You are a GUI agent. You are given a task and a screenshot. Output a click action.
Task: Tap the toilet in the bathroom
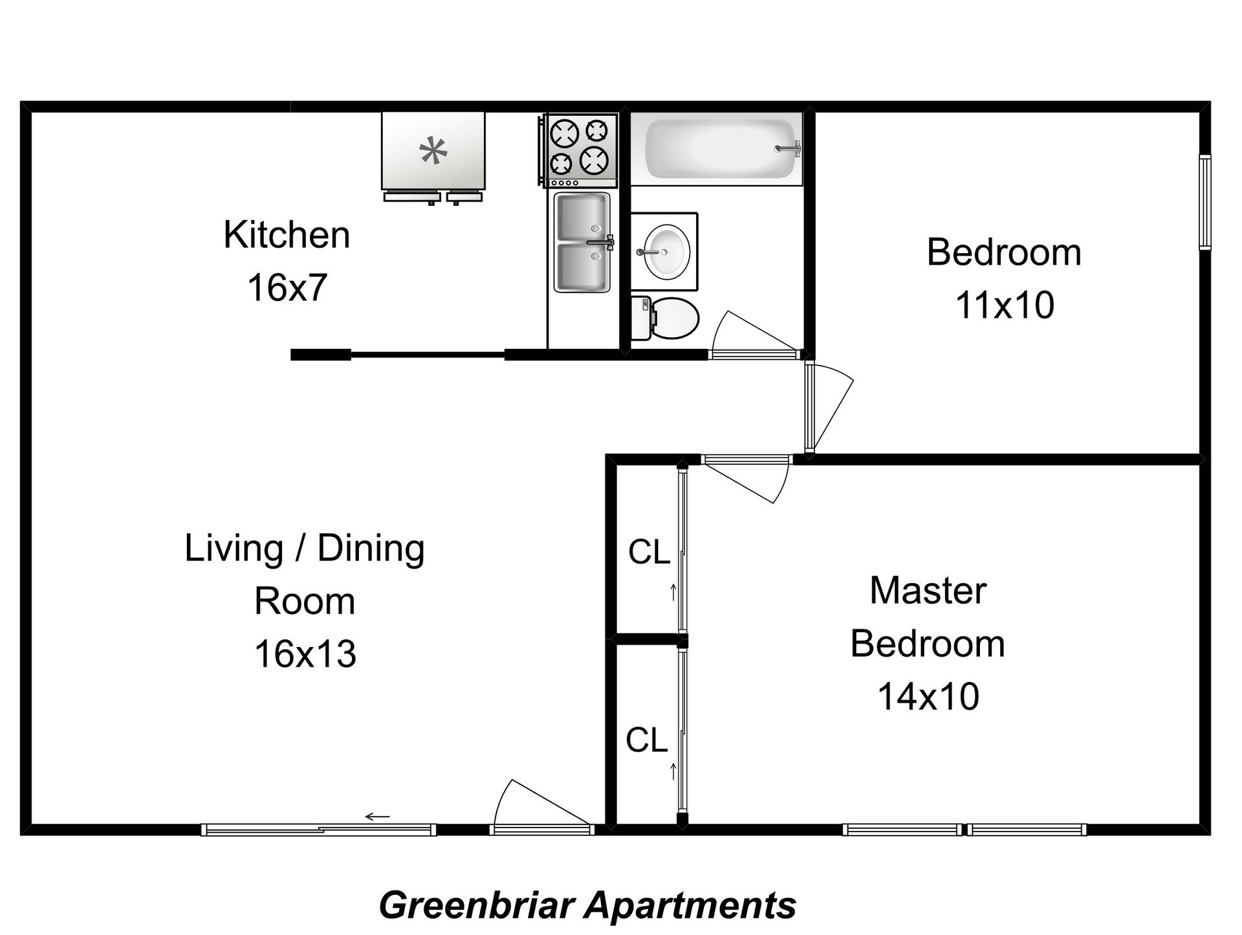(666, 319)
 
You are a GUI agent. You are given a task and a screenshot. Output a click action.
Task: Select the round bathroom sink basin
(664, 252)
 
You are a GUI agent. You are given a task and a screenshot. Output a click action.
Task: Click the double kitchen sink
(582, 243)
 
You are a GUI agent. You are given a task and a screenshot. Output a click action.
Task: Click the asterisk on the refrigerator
(433, 152)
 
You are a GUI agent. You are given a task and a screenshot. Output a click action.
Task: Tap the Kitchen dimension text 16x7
(287, 288)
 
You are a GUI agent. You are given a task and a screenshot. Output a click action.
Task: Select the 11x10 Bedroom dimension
(1004, 305)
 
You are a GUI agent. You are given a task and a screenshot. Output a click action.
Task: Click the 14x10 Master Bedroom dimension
(928, 697)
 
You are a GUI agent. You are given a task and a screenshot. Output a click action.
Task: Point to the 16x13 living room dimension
(305, 654)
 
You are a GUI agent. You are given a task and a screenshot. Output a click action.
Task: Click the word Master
(928, 591)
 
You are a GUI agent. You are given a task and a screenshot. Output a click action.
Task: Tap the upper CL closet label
(648, 553)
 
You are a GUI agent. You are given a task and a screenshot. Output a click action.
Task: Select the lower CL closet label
(646, 740)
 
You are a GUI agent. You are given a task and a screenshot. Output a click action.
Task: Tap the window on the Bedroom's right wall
(1204, 202)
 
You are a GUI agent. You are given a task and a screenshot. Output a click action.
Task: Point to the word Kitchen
(287, 235)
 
